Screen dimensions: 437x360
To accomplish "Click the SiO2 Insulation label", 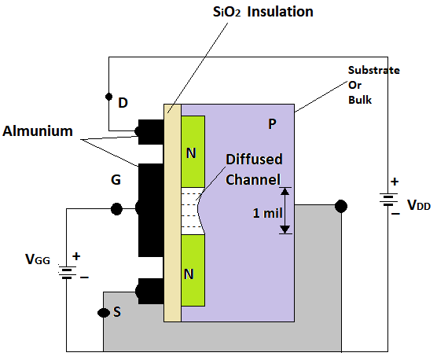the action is pos(263,13).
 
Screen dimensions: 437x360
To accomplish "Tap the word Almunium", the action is pos(38,131).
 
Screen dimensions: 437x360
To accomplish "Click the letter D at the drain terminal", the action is pos(123,103).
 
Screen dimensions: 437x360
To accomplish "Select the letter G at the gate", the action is pos(116,180).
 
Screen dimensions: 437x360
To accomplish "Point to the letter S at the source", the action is pos(117,312).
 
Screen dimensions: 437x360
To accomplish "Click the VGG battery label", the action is pos(38,259).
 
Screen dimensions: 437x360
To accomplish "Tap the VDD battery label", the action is pos(419,205).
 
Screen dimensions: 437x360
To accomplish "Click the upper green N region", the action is pos(193,152).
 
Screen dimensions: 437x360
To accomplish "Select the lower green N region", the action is pos(193,270).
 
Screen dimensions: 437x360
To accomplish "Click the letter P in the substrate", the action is pos(272,123).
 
